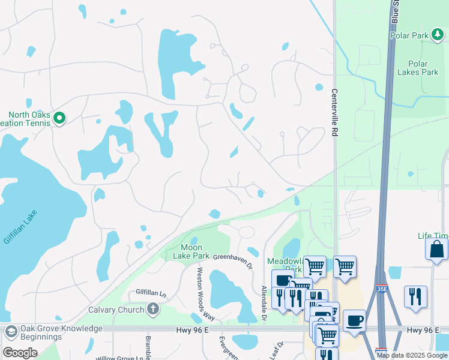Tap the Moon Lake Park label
[191, 251]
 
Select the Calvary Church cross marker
[153, 310]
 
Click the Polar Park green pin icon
[438, 35]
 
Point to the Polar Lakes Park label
[417, 68]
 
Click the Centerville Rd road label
[334, 113]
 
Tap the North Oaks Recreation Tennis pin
[59, 118]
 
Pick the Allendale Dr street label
[264, 298]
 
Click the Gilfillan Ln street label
[151, 292]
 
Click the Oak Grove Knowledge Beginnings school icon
[10, 332]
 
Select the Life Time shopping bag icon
[436, 249]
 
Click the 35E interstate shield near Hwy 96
[381, 350]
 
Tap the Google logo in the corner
[20, 353]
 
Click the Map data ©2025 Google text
[412, 355]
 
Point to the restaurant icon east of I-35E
[415, 296]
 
